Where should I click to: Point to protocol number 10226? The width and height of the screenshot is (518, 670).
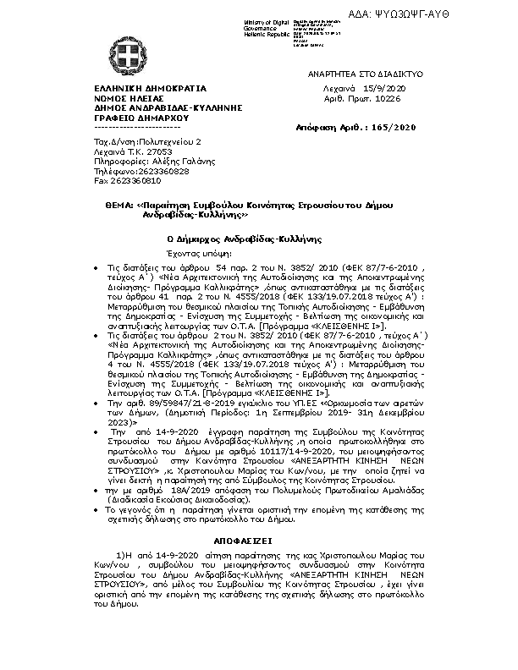click(x=391, y=98)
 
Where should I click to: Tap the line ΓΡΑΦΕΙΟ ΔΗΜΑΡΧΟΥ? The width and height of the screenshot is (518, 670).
click(x=136, y=119)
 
